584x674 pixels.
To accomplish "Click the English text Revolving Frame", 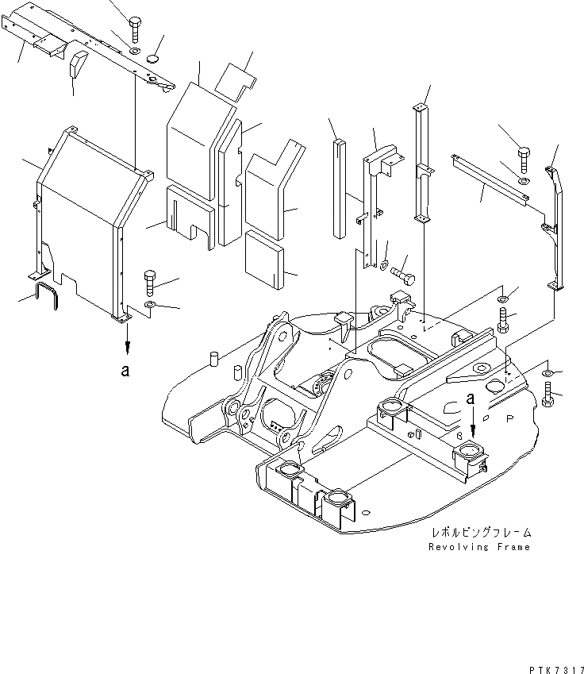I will pos(478,547).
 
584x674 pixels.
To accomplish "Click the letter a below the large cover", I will pos(125,370).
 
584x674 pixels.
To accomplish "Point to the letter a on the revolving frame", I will pos(471,398).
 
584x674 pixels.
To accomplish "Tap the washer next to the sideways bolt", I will pos(384,265).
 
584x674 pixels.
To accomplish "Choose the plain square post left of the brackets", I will pos(340,187).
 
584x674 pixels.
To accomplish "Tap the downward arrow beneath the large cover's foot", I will pos(125,341).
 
